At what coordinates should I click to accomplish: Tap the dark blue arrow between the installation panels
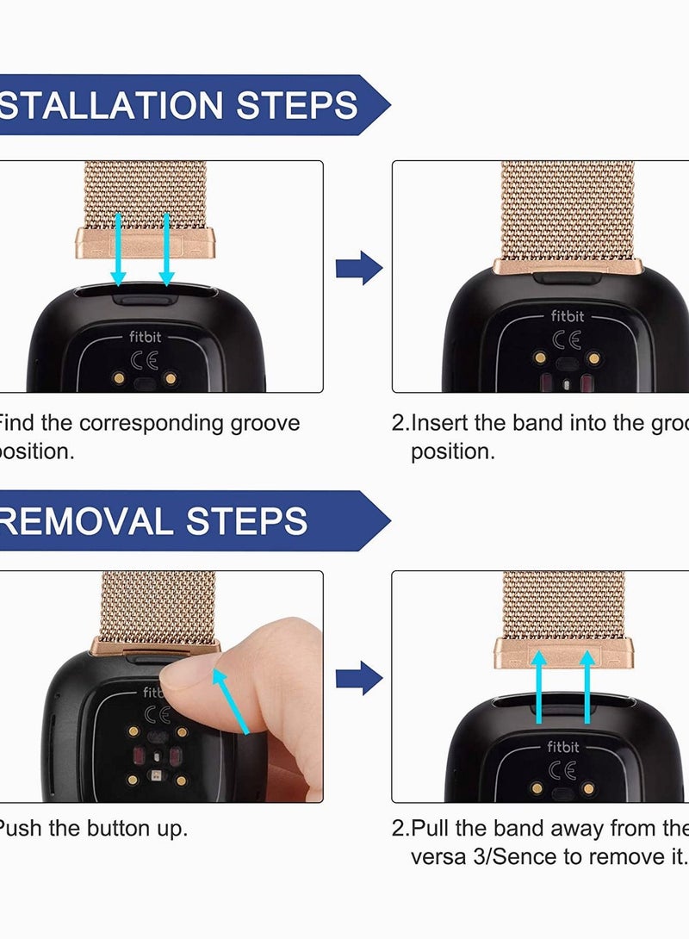358,269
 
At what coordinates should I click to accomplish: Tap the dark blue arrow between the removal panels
358,679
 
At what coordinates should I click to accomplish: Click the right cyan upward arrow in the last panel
588,685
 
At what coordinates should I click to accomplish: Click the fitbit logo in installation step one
145,338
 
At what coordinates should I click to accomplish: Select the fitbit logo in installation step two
567,316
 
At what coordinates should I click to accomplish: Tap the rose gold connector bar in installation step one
150,243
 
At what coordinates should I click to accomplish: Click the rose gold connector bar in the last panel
565,652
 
